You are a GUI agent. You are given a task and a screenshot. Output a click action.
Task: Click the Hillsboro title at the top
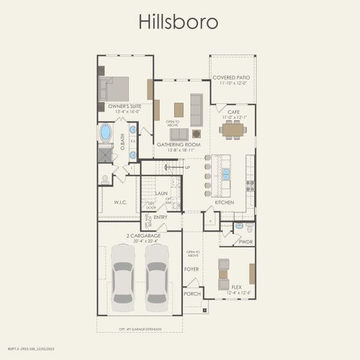point(179,22)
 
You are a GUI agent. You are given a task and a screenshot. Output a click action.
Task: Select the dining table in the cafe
point(233,130)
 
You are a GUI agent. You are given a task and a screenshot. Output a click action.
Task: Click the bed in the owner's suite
point(114,89)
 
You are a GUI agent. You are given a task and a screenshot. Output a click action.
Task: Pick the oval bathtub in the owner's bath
point(106,132)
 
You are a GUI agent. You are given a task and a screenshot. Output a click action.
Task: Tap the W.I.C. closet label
point(121,202)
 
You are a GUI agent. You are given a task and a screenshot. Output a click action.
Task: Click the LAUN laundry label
point(161,194)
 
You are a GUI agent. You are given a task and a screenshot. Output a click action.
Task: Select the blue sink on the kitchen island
point(227,174)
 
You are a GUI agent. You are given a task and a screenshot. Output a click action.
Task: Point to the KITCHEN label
point(224,202)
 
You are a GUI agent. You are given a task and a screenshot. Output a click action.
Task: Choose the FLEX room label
point(238,287)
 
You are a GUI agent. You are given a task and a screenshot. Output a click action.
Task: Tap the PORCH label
point(192,294)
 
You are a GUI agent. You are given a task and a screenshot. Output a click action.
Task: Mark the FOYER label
point(191,269)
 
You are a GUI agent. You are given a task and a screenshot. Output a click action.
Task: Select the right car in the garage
point(157,274)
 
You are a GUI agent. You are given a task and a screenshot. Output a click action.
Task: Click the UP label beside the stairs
point(187,167)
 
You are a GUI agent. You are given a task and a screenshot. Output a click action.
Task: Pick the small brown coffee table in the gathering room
point(179,109)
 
